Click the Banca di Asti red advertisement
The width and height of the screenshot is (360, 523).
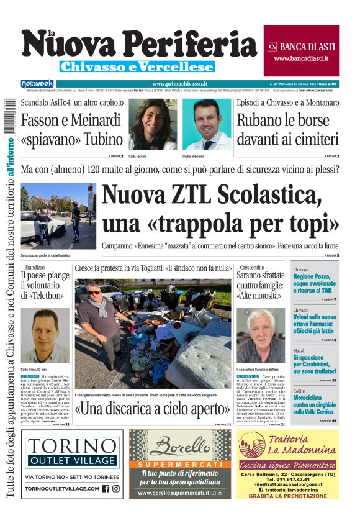[301, 50]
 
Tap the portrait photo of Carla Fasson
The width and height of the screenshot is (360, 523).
[152, 125]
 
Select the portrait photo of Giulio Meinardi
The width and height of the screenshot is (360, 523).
[207, 125]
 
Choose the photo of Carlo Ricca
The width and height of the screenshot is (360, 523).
[45, 336]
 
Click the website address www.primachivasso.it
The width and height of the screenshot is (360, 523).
[179, 83]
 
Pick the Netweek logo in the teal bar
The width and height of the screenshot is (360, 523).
[37, 83]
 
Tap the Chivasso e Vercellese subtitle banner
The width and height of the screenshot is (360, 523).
[137, 66]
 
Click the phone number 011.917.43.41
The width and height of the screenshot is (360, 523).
[288, 480]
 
